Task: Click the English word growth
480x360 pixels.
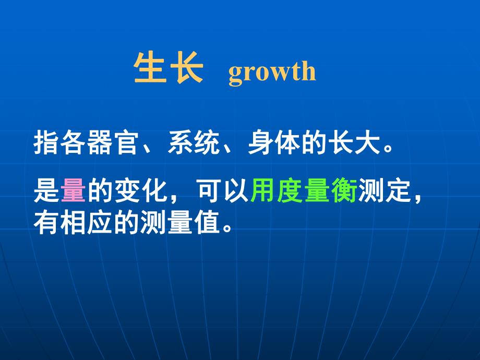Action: pyautogui.click(x=272, y=72)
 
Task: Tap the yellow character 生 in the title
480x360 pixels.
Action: pyautogui.click(x=152, y=68)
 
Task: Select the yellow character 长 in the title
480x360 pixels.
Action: pyautogui.click(x=186, y=68)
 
